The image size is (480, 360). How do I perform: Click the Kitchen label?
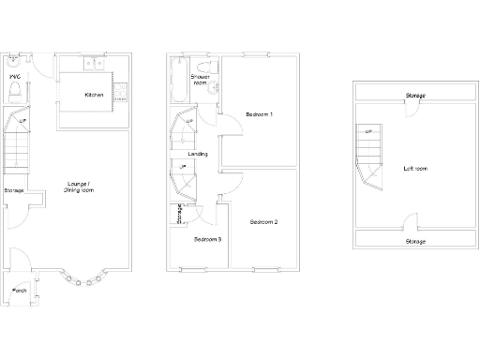(94, 95)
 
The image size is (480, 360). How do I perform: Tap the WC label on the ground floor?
(15, 77)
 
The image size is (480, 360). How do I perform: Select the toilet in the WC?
(15, 92)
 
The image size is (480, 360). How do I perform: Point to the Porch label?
(20, 292)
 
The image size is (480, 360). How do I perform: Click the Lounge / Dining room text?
(78, 187)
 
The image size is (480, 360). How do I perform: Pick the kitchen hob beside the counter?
(121, 91)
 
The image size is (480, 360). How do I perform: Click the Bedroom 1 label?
(259, 114)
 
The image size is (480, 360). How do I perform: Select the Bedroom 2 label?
(263, 222)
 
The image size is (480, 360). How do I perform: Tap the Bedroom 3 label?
(207, 239)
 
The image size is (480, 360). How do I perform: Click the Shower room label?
(200, 80)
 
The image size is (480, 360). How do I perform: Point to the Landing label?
(198, 154)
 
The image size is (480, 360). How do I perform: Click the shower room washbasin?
(214, 90)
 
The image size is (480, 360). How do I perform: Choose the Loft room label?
(414, 169)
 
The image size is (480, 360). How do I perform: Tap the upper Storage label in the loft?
(414, 96)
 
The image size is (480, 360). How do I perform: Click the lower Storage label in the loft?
(414, 241)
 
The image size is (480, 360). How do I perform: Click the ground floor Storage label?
(13, 191)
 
